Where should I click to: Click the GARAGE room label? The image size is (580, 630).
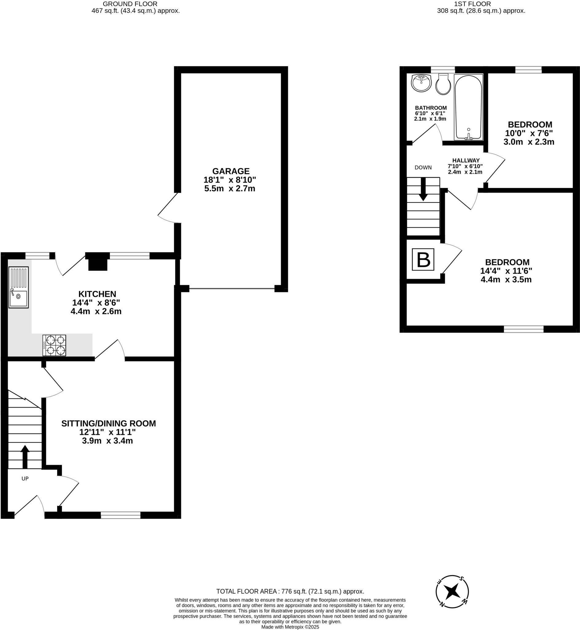click(x=231, y=171)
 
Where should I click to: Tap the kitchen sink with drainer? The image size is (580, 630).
click(x=18, y=287)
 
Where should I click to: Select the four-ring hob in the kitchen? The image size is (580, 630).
click(x=54, y=345)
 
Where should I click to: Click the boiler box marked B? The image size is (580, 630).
click(x=423, y=260)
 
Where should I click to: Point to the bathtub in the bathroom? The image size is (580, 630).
click(x=468, y=107)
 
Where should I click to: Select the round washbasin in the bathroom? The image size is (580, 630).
click(x=421, y=83)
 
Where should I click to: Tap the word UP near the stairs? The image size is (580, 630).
click(x=25, y=479)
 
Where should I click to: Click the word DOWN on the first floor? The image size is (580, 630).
click(x=423, y=167)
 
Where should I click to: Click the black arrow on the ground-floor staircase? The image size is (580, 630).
click(x=25, y=457)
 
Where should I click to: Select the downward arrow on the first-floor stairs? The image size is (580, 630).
click(x=423, y=189)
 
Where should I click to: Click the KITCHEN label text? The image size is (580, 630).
click(x=97, y=294)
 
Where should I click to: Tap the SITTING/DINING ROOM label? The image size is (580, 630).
click(x=108, y=423)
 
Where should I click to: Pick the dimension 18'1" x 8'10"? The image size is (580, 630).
click(x=230, y=180)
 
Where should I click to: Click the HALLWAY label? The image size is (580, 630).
click(x=465, y=160)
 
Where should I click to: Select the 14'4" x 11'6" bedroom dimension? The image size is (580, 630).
click(x=506, y=270)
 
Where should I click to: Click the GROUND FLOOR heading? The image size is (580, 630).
click(x=130, y=4)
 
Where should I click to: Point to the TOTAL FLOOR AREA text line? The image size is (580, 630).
click(x=290, y=591)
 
